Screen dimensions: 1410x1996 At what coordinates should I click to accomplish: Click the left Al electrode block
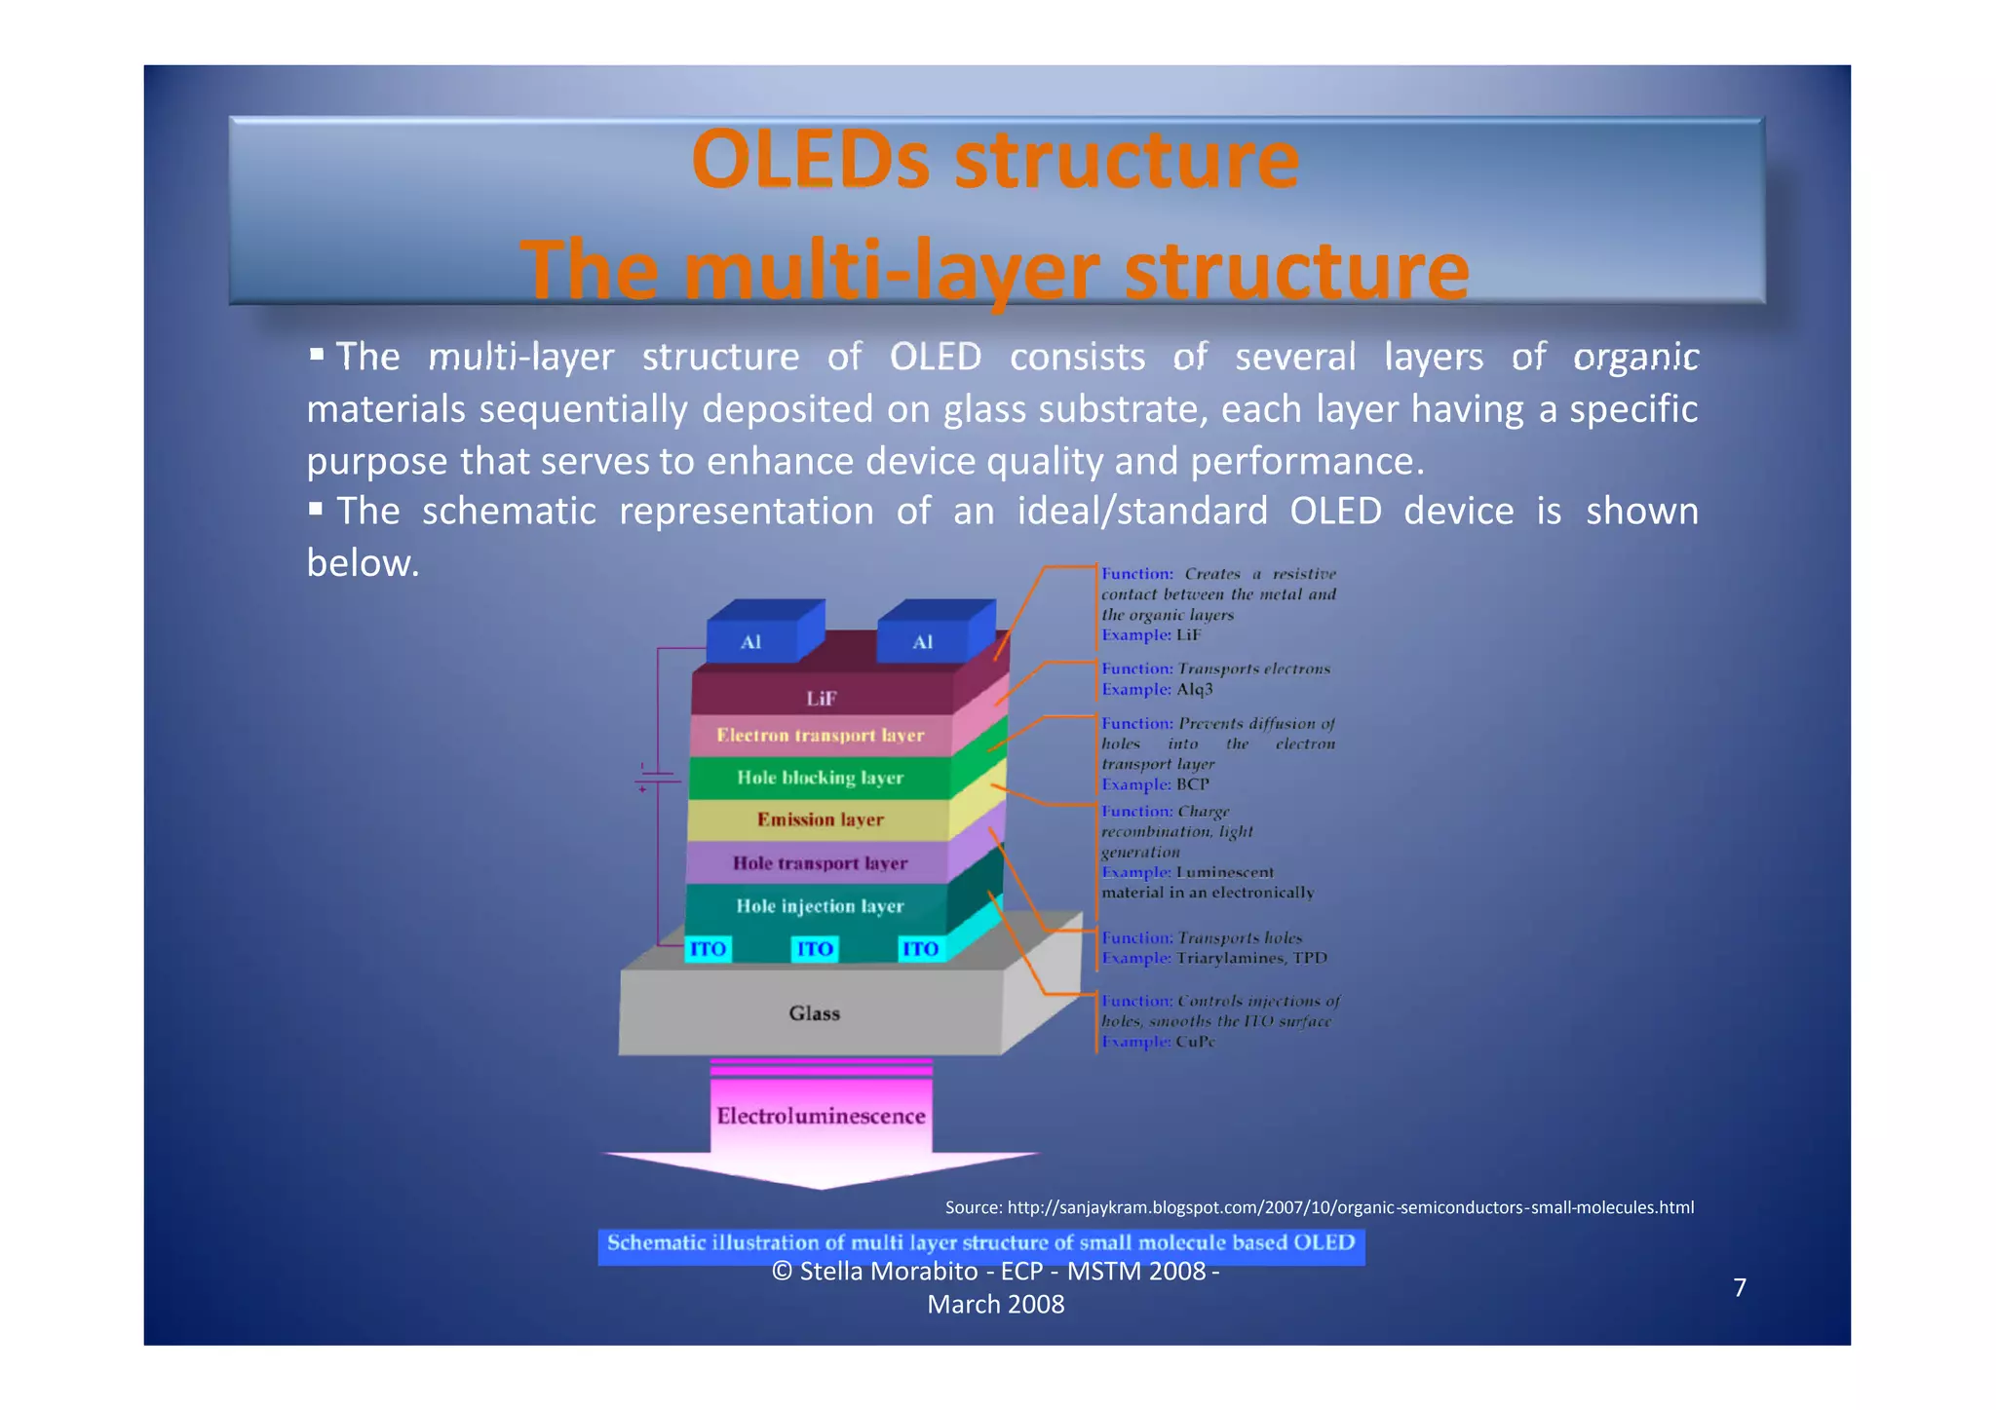pyautogui.click(x=751, y=641)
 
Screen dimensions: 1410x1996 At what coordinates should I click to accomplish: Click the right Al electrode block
pyautogui.click(x=923, y=641)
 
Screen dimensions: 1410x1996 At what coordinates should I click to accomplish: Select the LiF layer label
pyautogui.click(x=821, y=698)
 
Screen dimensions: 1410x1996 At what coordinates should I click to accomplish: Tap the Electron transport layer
pyautogui.click(x=820, y=736)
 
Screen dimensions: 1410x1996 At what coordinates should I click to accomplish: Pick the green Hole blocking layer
pyautogui.click(x=820, y=778)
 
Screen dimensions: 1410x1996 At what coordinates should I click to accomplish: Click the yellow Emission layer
pyautogui.click(x=820, y=819)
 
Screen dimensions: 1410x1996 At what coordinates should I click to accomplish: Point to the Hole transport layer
pyautogui.click(x=820, y=863)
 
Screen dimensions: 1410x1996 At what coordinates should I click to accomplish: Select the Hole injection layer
pyautogui.click(x=820, y=906)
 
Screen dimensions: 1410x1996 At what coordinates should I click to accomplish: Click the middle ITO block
pyautogui.click(x=815, y=949)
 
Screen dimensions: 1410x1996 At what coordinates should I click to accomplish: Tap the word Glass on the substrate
pyautogui.click(x=814, y=1013)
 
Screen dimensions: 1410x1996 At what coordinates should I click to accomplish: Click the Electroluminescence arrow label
pyautogui.click(x=821, y=1116)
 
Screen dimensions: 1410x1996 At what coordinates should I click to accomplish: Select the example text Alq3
pyautogui.click(x=1195, y=689)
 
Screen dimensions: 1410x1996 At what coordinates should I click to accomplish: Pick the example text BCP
pyautogui.click(x=1193, y=784)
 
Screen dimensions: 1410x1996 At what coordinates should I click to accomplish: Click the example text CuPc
pyautogui.click(x=1196, y=1042)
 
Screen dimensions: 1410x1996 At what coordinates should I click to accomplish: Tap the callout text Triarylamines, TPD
pyautogui.click(x=1251, y=958)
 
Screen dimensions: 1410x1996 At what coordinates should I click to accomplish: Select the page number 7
pyautogui.click(x=1740, y=1287)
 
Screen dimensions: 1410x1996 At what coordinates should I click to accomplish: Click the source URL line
pyautogui.click(x=1319, y=1207)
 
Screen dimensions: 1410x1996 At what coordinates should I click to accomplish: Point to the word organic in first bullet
pyautogui.click(x=1635, y=357)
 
